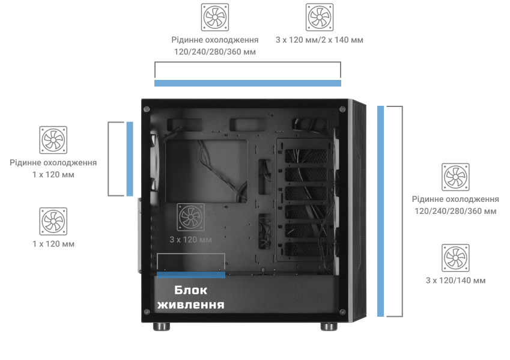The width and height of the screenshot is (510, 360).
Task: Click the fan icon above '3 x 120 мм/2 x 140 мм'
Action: [x=320, y=17]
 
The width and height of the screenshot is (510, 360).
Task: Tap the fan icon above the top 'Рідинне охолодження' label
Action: [x=214, y=17]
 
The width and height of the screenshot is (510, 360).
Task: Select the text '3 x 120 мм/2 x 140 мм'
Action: [x=320, y=40]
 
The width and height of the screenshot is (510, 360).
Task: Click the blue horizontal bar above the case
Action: [x=247, y=84]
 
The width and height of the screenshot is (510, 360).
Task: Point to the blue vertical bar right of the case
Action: [x=381, y=211]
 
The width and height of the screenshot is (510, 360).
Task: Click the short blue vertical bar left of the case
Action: [x=130, y=159]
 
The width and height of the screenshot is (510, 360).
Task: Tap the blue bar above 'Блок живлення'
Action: [x=191, y=275]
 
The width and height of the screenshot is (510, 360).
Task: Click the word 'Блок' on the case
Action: [x=190, y=290]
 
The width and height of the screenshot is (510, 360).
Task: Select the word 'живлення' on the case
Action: [x=190, y=305]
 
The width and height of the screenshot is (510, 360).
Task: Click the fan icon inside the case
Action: [x=190, y=217]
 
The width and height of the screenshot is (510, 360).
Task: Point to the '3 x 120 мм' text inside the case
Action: [x=190, y=240]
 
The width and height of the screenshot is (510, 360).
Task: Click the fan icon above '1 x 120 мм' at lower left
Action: [x=53, y=221]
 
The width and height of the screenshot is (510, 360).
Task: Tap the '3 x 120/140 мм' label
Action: [x=456, y=281]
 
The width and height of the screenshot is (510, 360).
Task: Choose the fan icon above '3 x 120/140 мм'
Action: [x=455, y=258]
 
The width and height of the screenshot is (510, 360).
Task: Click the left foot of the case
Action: [x=162, y=326]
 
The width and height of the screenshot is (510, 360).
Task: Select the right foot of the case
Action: [x=329, y=326]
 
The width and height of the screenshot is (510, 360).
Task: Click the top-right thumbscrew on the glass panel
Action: [x=342, y=109]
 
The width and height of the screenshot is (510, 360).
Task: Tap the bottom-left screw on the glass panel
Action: [x=147, y=312]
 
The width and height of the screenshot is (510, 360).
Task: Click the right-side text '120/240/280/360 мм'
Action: [x=455, y=211]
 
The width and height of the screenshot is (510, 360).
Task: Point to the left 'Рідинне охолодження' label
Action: [x=53, y=163]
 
